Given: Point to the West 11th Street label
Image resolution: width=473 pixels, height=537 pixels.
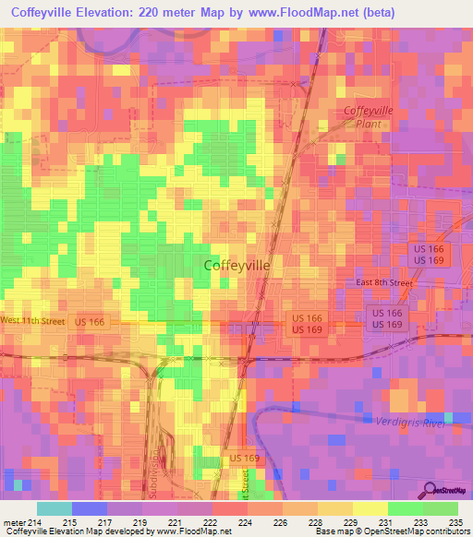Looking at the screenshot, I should pos(32,320).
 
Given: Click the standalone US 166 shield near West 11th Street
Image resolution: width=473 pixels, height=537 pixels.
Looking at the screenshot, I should pos(90,321).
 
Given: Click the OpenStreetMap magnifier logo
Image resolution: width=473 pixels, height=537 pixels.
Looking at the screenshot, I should pos(431,490).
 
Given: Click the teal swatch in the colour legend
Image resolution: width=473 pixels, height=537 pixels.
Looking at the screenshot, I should pos(54,508).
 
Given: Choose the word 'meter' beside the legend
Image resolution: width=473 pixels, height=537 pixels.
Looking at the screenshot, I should pos(12,522).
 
